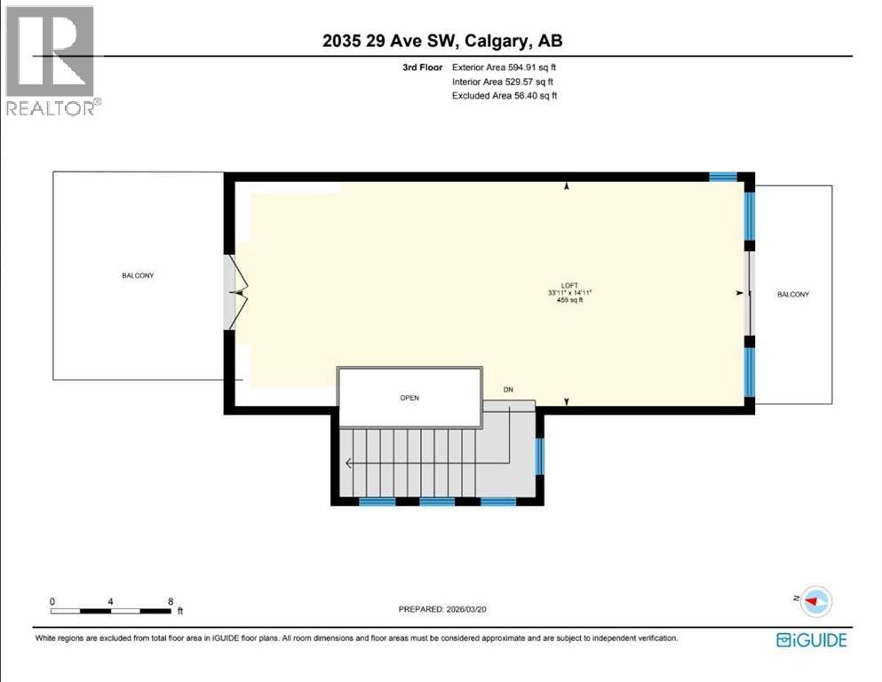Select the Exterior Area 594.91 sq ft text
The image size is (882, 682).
pos(505,67)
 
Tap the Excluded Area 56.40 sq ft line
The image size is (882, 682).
pos(505,96)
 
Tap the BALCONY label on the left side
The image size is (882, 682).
pos(138,275)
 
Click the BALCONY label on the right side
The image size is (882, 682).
pos(793,294)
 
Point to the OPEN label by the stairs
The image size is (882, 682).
pos(409,398)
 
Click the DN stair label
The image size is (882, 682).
pos(508,390)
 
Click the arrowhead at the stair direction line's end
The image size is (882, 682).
pos(349,463)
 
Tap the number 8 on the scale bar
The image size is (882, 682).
pos(170,601)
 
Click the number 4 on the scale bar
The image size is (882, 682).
pos(110,601)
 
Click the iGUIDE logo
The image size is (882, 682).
pos(811,639)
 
